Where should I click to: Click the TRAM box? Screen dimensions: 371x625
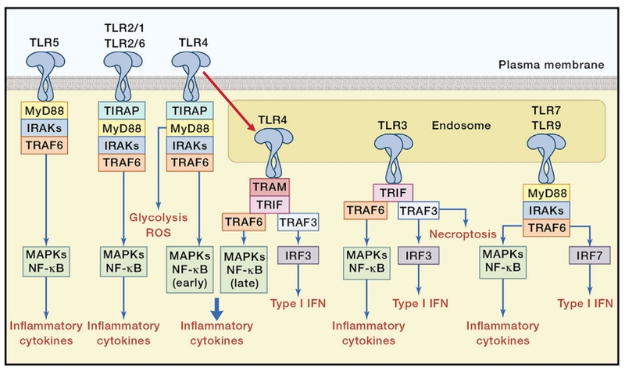coord(270,187)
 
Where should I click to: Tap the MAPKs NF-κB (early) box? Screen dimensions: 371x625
coord(190,260)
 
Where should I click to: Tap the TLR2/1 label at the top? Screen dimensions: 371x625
coord(125,28)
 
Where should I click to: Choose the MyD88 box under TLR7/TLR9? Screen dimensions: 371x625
coord(544,191)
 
